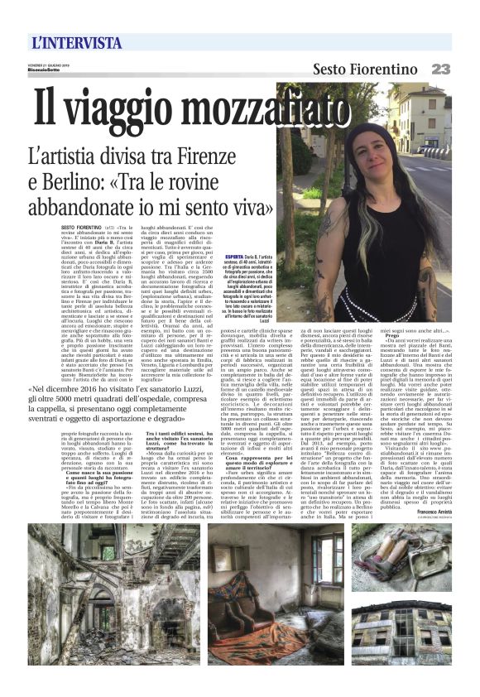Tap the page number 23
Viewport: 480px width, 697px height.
pyautogui.click(x=440, y=69)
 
